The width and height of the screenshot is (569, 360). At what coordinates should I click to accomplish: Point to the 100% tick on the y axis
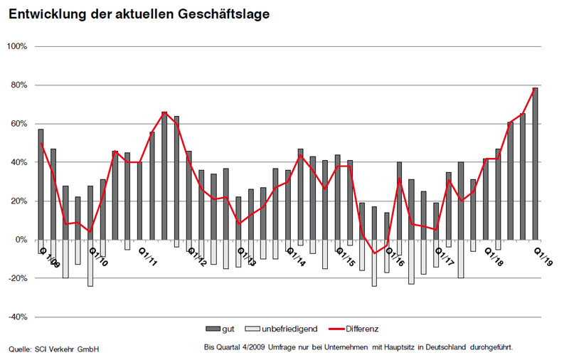16,46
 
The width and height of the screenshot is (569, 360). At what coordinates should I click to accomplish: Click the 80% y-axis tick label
18,85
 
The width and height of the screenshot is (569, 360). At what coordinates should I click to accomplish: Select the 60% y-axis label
18,124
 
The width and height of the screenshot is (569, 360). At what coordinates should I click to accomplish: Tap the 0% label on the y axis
20,240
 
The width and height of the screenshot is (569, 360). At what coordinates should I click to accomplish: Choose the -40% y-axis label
16,317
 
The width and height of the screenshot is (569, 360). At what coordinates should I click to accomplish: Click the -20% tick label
16,279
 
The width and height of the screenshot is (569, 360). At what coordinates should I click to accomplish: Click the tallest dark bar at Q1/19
535,164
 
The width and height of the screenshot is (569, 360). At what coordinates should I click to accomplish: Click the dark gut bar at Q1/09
41,184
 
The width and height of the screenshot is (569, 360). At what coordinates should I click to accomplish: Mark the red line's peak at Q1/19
535,88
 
